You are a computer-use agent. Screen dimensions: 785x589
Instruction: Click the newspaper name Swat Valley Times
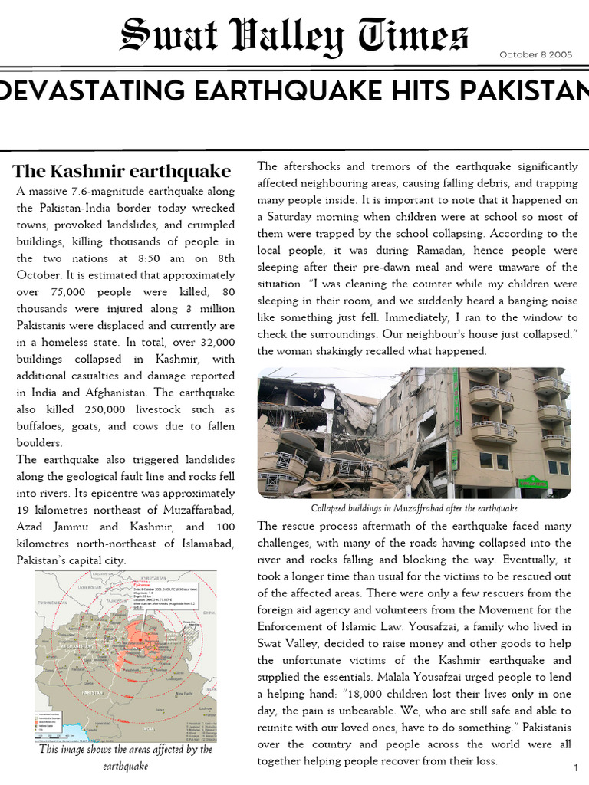tap(294, 37)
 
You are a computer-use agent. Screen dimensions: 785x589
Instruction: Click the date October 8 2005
tap(537, 54)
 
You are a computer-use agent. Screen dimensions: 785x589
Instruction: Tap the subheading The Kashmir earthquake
tap(122, 170)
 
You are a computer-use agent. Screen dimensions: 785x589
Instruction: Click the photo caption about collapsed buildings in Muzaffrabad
tap(414, 508)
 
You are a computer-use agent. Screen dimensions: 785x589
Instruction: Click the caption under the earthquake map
tap(126, 757)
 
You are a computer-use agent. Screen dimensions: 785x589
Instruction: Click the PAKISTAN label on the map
tap(93, 669)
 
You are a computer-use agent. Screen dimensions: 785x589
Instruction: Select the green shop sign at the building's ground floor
tap(531, 483)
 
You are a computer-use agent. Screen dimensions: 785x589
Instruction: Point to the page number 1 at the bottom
tap(574, 768)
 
